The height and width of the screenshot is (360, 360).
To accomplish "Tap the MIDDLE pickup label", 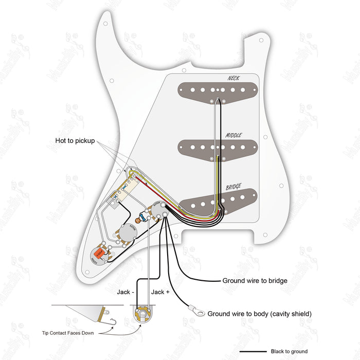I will pyautogui.click(x=233, y=136).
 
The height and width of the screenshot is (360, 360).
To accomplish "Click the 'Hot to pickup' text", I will pyautogui.click(x=75, y=141).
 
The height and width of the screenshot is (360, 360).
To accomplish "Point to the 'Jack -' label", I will pyautogui.click(x=125, y=292).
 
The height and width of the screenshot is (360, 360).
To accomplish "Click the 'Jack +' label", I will pyautogui.click(x=158, y=292).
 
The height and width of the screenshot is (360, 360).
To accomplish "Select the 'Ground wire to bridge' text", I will pyautogui.click(x=255, y=281).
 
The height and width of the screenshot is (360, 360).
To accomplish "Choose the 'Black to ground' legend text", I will pyautogui.click(x=289, y=352).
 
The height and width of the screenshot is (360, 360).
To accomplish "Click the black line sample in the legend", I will pyautogui.click(x=253, y=352).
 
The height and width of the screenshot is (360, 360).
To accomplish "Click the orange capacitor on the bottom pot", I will pyautogui.click(x=98, y=253).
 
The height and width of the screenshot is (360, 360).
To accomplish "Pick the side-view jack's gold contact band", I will pyautogui.click(x=106, y=310).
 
